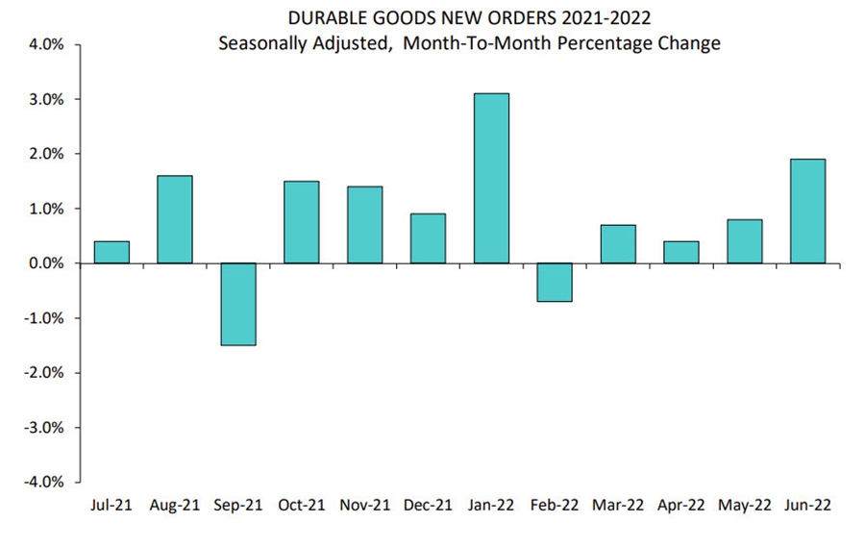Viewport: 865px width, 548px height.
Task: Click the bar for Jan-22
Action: coord(491,178)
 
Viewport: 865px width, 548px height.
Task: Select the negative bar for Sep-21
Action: coord(237,304)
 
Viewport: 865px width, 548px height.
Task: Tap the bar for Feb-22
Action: coord(555,282)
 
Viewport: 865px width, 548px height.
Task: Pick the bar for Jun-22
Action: coord(807,211)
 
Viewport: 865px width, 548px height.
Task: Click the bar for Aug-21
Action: coord(174,219)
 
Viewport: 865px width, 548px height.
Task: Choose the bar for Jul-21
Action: coord(111,252)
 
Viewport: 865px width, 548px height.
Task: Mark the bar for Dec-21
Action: coord(428,238)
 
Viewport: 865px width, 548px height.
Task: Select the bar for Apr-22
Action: coord(680,252)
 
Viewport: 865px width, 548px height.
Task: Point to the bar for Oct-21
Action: coord(301,222)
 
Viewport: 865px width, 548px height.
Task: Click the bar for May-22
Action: coord(744,241)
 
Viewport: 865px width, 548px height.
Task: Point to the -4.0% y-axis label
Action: coord(41,482)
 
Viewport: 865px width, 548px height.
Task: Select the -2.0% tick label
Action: coord(41,373)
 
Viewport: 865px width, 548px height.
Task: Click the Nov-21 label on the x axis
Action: coord(364,505)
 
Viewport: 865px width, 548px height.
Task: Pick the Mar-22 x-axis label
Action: coord(617,505)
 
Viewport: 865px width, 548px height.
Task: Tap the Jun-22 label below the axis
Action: coord(807,505)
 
